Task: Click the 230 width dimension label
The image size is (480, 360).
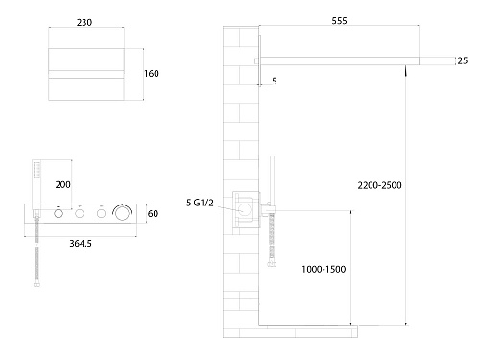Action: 84,23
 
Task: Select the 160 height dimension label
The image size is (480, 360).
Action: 152,74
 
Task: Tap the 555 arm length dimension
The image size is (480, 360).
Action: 339,21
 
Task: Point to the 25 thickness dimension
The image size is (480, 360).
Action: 463,60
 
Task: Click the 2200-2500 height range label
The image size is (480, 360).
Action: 379,185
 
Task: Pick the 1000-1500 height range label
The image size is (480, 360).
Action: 324,269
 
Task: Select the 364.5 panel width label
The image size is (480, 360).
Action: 81,244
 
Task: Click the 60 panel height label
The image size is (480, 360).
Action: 153,213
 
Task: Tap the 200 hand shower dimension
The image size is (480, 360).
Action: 62,184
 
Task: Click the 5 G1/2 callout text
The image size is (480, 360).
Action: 200,203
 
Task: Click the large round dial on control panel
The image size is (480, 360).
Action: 122,213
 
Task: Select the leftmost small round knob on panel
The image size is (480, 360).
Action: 59,213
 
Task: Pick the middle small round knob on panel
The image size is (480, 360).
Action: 80,213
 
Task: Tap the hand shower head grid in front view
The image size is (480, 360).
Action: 37,169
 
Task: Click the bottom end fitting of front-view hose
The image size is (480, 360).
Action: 36,284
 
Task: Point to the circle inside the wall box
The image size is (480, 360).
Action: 244,209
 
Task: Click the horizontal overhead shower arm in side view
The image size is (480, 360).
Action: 339,60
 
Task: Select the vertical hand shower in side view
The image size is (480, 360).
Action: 272,180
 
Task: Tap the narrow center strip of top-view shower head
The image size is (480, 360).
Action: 86,74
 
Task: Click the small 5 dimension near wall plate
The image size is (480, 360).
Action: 275,81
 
